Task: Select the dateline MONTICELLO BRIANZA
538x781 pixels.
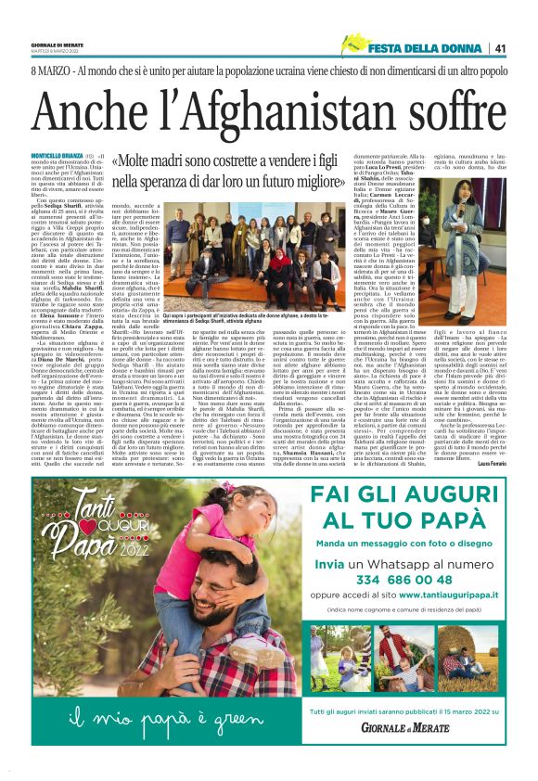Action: (x=58, y=153)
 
